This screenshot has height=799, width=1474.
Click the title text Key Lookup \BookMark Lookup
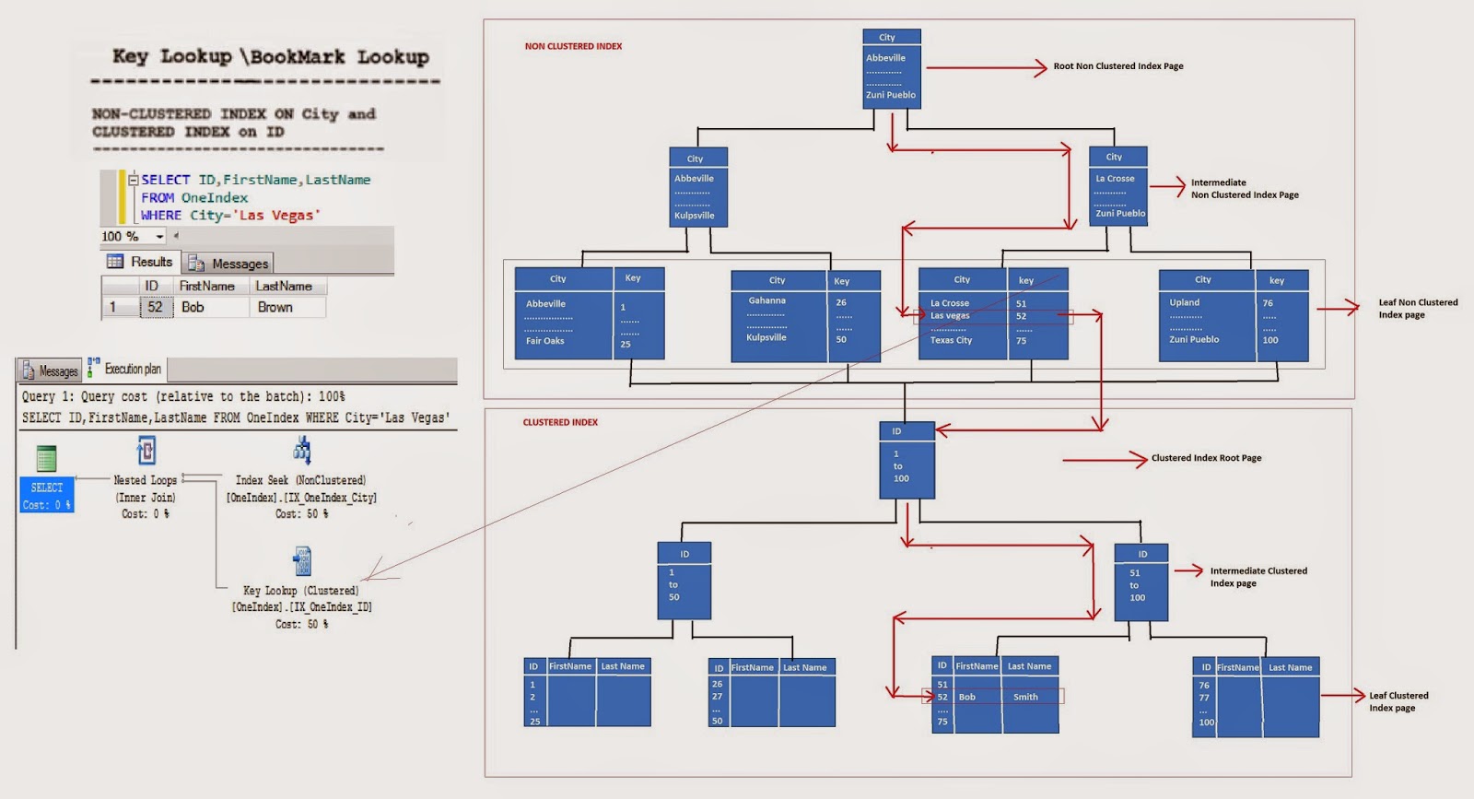click(271, 57)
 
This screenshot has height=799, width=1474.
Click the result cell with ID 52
click(154, 307)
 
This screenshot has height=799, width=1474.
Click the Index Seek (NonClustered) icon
click(302, 450)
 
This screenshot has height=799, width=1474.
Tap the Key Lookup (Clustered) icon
click(302, 560)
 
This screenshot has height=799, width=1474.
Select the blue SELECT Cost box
click(47, 495)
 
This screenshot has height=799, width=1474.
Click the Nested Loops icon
click(146, 451)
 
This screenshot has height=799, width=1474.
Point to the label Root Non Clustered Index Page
click(1117, 66)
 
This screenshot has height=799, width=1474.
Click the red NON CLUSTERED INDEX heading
click(573, 46)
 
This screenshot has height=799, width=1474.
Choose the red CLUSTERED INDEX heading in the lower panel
click(560, 422)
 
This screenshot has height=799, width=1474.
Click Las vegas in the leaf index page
click(950, 315)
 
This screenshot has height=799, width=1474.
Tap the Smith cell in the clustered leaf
click(1025, 697)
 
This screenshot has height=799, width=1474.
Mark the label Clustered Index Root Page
click(1206, 458)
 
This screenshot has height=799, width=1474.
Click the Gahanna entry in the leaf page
click(766, 300)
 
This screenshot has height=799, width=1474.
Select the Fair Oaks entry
click(544, 341)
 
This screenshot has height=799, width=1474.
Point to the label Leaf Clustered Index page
click(1398, 701)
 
